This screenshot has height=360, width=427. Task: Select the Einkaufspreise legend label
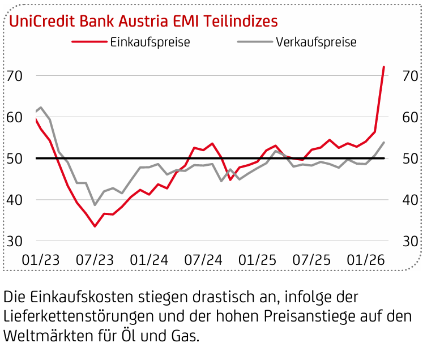tap(150, 42)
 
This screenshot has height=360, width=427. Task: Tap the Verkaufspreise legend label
tap(316, 42)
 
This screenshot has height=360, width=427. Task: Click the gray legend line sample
tap(254, 42)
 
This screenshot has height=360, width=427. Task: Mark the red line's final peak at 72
tap(383, 67)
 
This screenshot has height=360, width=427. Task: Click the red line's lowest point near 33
tap(95, 226)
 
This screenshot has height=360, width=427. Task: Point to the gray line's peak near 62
tap(41, 108)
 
